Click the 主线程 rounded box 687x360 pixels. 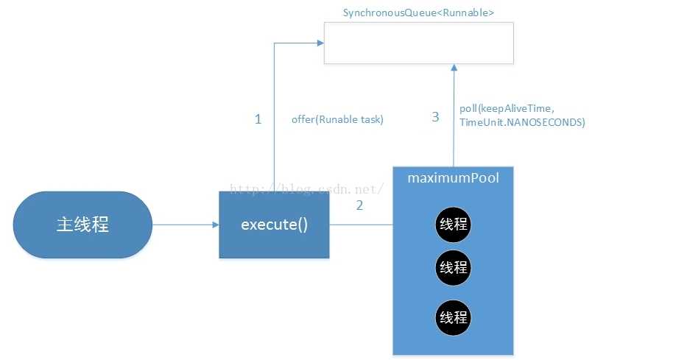(x=82, y=225)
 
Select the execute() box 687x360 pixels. (x=274, y=225)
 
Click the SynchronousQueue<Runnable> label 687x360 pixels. (x=418, y=13)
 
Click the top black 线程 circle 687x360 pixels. (x=453, y=225)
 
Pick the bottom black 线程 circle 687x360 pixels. (x=453, y=318)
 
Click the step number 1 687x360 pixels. (x=258, y=119)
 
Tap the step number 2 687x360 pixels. (x=359, y=205)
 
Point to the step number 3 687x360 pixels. (x=435, y=116)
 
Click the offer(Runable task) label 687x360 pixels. (x=338, y=119)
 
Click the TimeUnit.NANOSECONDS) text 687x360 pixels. (x=522, y=123)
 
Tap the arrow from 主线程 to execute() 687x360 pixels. (x=185, y=225)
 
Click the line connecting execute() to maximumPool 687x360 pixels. (x=361, y=225)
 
